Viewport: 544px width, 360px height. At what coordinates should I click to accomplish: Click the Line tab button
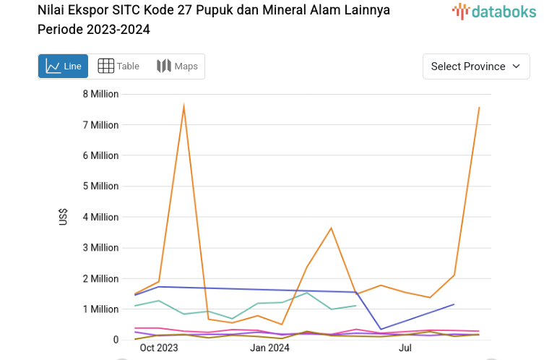[x=63, y=67]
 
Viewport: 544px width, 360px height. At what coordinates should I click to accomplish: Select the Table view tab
[x=118, y=67]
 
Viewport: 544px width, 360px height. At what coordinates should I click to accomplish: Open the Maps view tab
[x=177, y=67]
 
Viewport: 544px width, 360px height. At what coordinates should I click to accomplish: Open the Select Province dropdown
[x=476, y=67]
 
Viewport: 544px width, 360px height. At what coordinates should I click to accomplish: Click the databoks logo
[x=494, y=11]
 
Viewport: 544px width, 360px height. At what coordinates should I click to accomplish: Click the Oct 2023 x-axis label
[x=159, y=348]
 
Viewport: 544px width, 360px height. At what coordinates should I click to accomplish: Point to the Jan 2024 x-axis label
[x=269, y=348]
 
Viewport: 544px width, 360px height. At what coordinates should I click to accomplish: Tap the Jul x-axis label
[x=405, y=348]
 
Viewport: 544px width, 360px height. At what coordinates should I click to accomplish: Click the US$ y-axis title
[x=64, y=217]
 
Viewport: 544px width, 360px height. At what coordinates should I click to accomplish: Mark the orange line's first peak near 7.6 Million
[x=184, y=106]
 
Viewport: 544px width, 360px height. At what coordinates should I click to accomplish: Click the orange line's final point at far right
[x=479, y=107]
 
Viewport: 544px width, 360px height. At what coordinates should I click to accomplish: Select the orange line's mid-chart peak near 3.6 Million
[x=331, y=228]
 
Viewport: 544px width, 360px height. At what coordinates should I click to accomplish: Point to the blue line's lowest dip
[x=381, y=330]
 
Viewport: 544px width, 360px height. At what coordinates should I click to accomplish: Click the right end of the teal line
[x=356, y=306]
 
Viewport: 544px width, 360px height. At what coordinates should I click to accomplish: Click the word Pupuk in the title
[x=205, y=10]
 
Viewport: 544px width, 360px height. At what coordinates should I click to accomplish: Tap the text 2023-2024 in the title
[x=118, y=30]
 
